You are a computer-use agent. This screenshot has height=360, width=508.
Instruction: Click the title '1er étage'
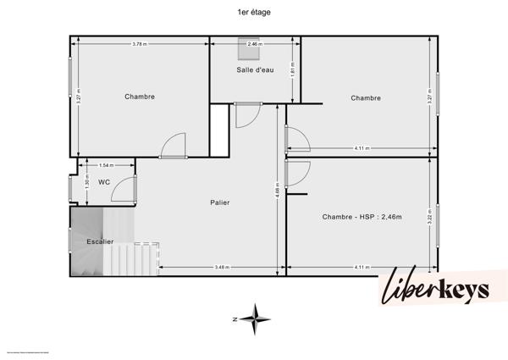coord(254,13)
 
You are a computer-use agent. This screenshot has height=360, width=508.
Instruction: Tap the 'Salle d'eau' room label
coord(255,69)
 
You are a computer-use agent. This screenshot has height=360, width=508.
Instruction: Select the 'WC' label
coord(103,181)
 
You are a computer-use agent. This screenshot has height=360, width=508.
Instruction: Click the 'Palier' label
coord(221,202)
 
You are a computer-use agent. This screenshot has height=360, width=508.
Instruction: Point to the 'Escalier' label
coord(100,241)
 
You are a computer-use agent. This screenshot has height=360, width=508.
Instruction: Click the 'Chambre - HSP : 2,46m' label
coord(362,217)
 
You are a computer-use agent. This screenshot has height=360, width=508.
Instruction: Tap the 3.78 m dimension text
coord(140,44)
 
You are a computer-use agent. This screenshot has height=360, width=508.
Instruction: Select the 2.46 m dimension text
coord(255,44)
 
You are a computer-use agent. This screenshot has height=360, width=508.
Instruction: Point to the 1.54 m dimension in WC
coord(106,165)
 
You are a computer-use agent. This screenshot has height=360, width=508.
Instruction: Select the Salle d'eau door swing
coord(247,115)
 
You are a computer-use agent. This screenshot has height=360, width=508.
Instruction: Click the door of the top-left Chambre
coord(174,146)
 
